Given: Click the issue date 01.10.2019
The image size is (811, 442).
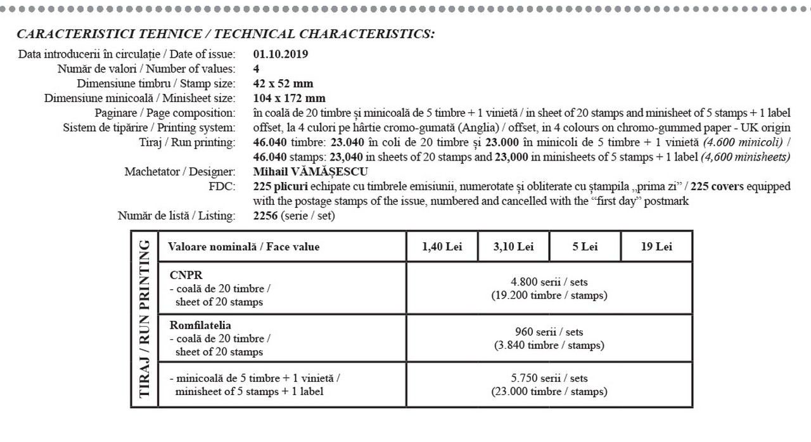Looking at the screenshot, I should point(280,54).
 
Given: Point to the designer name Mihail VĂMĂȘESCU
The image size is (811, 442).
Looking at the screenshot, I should point(310,171).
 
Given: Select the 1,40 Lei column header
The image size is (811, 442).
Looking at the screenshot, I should point(442,247).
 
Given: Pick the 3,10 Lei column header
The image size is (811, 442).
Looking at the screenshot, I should point(513,247).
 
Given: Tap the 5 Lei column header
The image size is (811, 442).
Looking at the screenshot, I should point(585,247).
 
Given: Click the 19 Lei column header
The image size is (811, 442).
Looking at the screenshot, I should point(656,247).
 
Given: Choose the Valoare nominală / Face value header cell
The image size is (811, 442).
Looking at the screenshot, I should point(244,247).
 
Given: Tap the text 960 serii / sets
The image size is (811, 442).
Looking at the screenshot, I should point(549,332).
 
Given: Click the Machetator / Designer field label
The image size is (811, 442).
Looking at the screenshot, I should point(180,171).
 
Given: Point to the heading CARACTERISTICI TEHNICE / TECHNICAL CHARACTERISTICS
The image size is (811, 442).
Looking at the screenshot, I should point(226,34).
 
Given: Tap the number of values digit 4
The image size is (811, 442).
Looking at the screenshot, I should point(255,68).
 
